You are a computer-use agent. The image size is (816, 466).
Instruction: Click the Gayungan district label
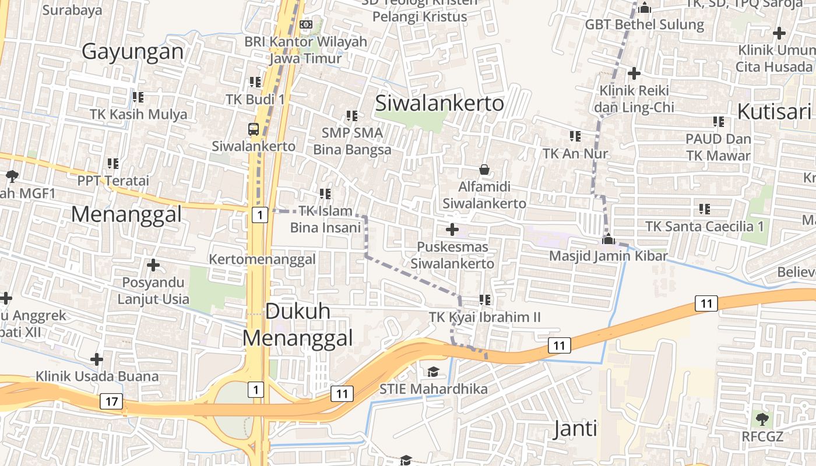(x=132, y=52)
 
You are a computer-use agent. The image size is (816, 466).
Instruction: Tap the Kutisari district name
(x=774, y=111)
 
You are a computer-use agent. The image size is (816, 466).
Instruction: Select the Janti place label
(x=575, y=429)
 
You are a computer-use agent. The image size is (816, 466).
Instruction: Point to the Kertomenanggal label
(x=262, y=259)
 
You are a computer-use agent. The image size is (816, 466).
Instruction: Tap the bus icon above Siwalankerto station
(x=254, y=129)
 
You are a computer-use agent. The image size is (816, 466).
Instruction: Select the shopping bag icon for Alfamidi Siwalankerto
(x=484, y=170)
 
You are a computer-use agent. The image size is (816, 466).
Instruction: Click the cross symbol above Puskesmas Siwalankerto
(x=452, y=230)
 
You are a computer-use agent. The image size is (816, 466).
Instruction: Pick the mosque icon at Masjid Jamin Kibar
(x=608, y=239)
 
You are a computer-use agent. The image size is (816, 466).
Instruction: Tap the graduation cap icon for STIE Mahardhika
(x=433, y=372)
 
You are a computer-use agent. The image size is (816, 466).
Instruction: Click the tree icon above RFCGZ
(x=762, y=419)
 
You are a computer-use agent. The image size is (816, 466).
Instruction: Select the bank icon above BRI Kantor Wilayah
(x=306, y=24)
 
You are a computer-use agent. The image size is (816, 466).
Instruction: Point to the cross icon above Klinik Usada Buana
(x=97, y=359)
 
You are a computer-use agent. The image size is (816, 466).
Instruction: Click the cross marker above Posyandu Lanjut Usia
(x=153, y=266)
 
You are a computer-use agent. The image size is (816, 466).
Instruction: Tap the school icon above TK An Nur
(x=575, y=136)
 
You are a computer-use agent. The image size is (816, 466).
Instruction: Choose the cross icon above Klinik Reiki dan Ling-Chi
(x=634, y=73)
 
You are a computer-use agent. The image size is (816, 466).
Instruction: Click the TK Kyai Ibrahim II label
(x=484, y=317)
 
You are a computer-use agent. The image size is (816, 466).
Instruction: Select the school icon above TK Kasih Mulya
(x=138, y=97)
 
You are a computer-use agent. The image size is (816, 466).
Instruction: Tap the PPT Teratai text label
(x=113, y=181)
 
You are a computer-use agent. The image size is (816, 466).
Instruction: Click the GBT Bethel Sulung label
(x=645, y=25)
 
